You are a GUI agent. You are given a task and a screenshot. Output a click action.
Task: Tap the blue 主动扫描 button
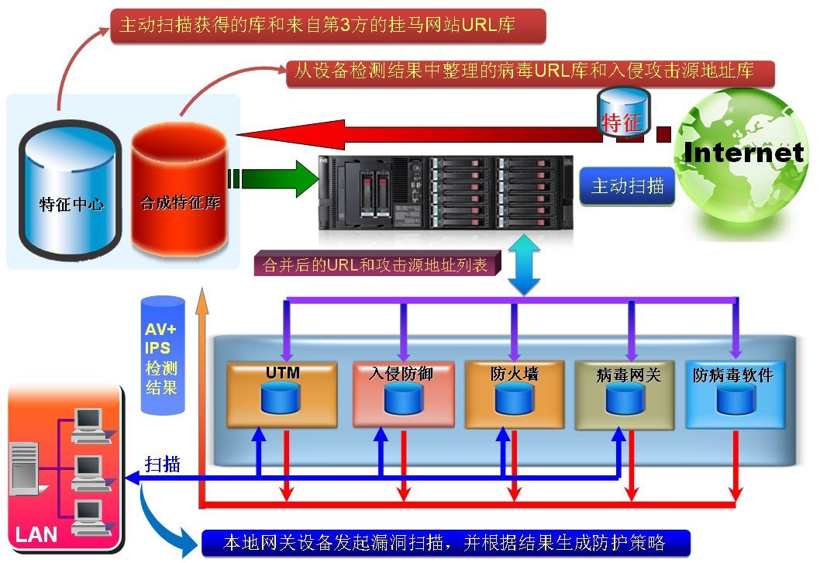pos(627,187)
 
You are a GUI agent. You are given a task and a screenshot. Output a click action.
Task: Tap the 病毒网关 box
pos(628,394)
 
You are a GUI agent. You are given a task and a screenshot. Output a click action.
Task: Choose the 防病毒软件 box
pos(733,394)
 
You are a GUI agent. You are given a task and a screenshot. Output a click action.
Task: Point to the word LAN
pos(36,534)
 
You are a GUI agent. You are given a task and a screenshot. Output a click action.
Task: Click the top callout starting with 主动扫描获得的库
pos(329,26)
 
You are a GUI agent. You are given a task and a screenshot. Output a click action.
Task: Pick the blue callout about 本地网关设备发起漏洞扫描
pos(445,541)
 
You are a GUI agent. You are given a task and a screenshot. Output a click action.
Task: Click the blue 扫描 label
pos(163,465)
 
